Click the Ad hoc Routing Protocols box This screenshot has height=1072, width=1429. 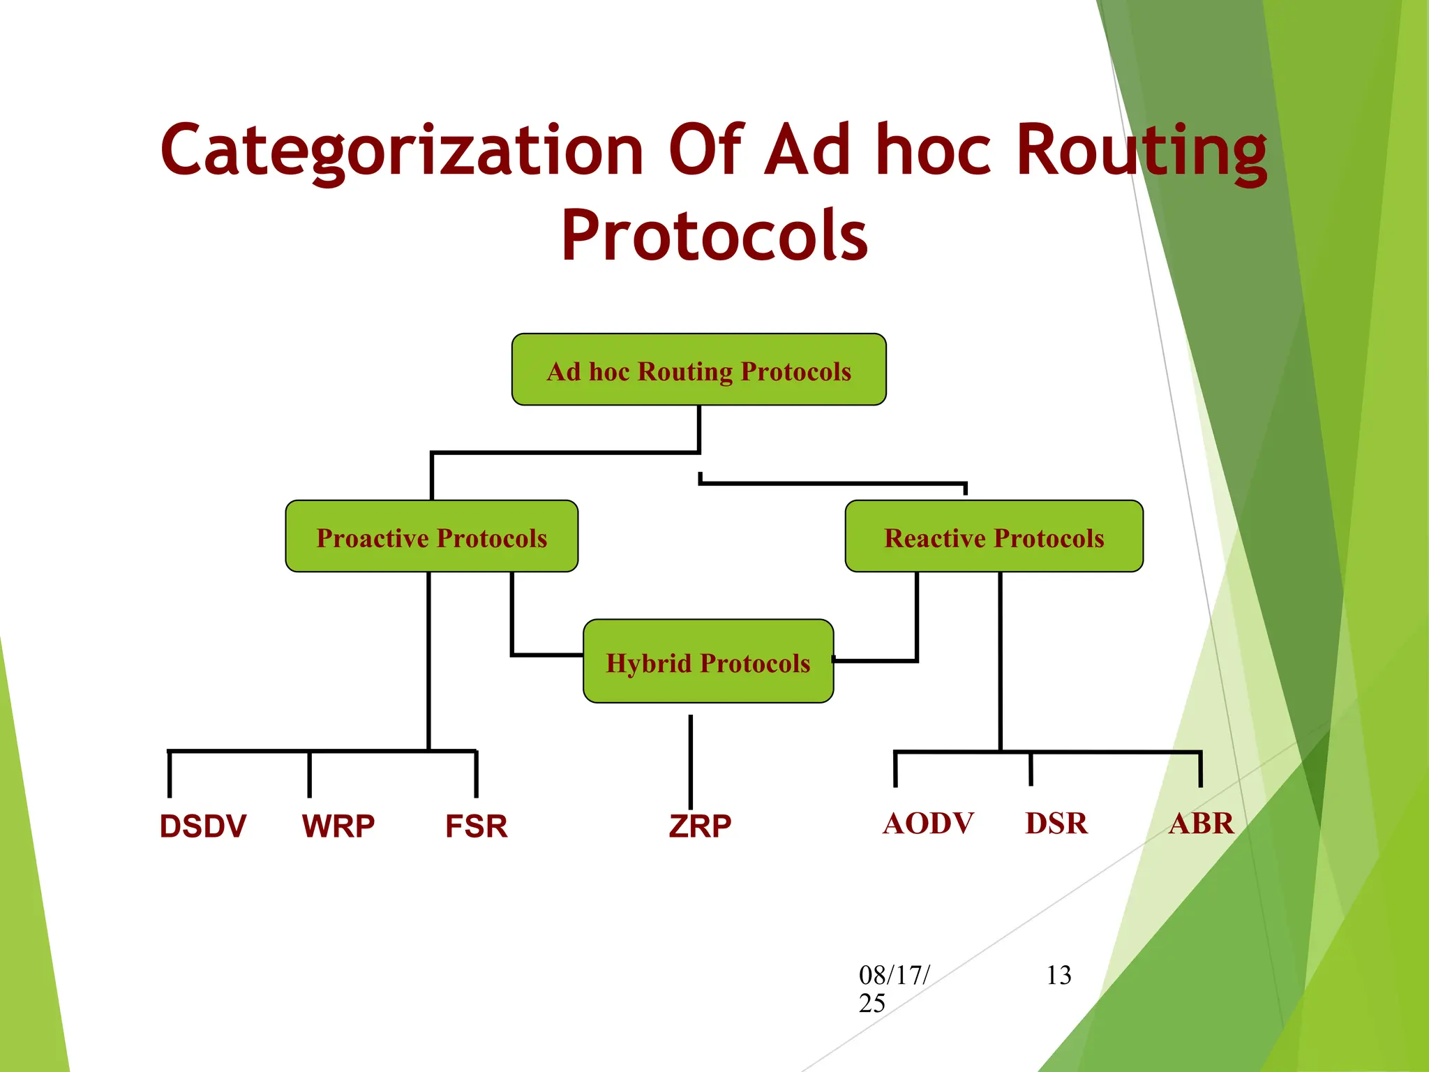(x=698, y=369)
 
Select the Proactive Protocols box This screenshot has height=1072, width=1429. (x=431, y=536)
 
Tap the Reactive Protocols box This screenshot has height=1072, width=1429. (x=994, y=536)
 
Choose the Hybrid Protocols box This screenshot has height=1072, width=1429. (x=708, y=661)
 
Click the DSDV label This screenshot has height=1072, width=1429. (x=202, y=826)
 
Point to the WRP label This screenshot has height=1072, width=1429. (x=338, y=826)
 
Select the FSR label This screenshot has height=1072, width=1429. (x=476, y=826)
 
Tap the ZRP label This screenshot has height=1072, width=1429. (x=699, y=826)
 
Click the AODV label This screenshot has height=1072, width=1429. (x=928, y=824)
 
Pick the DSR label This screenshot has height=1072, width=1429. (x=1056, y=824)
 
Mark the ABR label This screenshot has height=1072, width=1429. (x=1201, y=824)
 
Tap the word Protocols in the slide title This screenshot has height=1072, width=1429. (x=714, y=236)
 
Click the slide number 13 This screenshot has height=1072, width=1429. (x=1058, y=975)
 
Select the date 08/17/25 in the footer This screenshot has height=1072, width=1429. (x=893, y=988)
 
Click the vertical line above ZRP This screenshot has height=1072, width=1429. (x=691, y=761)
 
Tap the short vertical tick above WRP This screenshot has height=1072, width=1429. (x=309, y=775)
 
